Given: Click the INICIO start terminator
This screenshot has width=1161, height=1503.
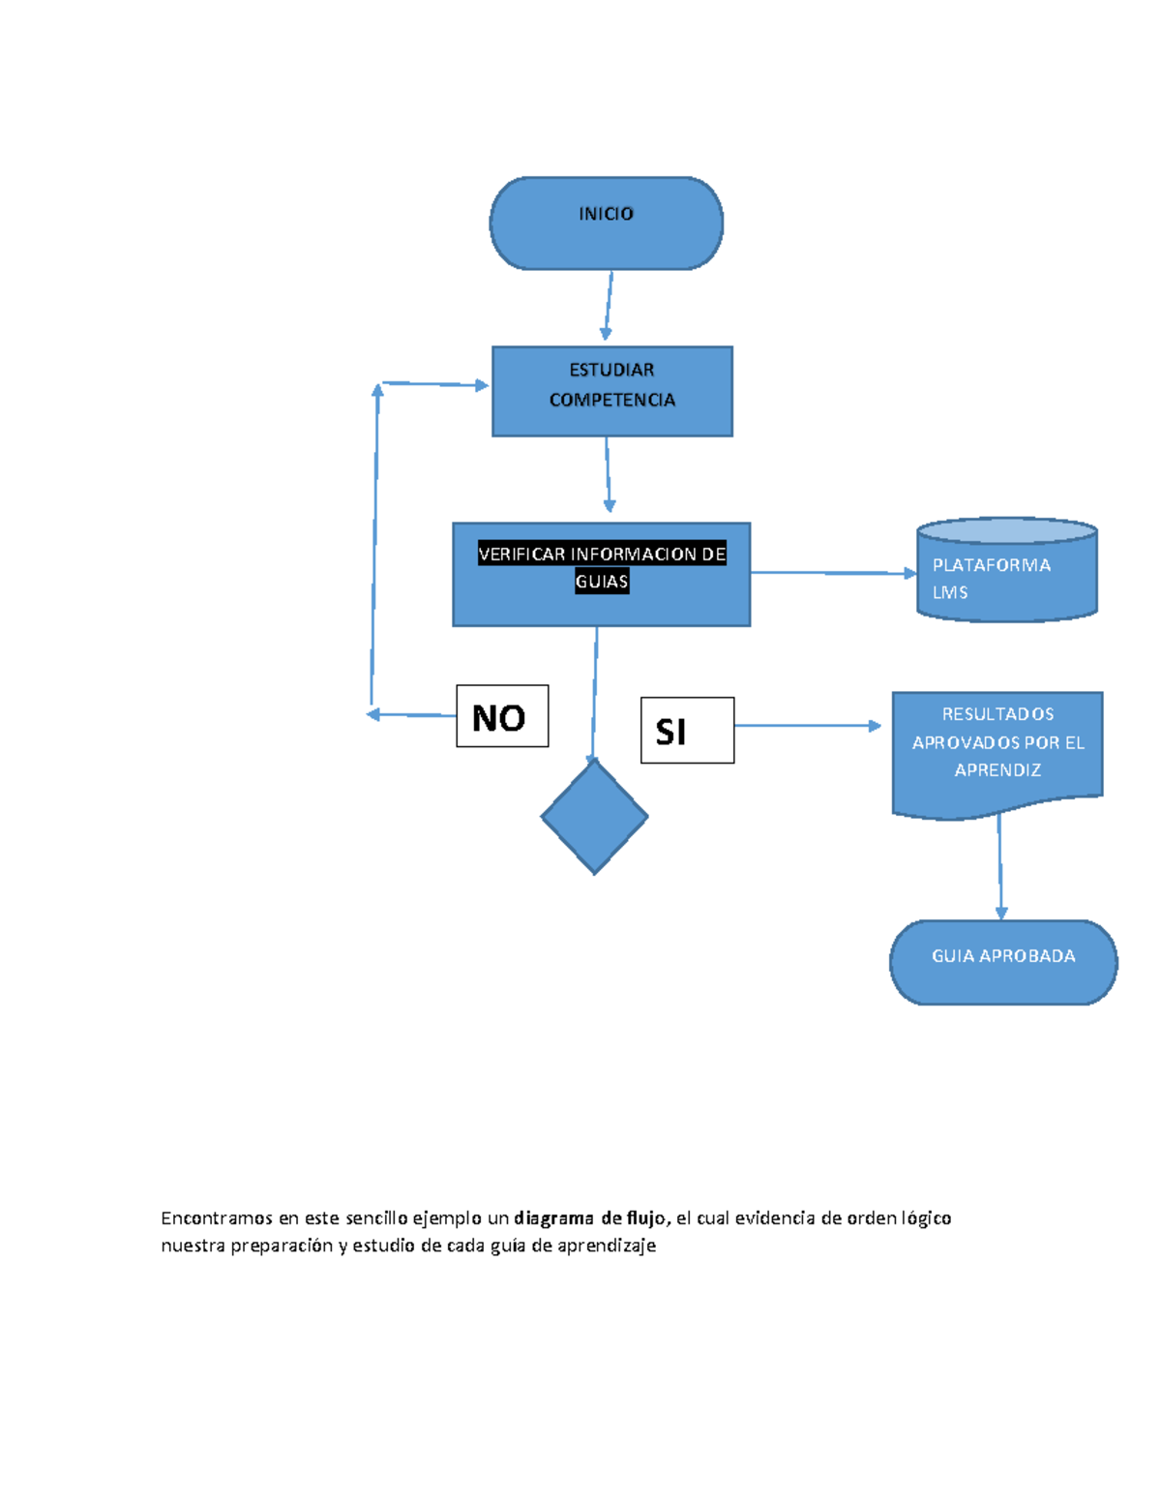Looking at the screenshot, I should (x=606, y=224).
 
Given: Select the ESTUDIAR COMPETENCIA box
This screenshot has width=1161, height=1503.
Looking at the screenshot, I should (x=611, y=391).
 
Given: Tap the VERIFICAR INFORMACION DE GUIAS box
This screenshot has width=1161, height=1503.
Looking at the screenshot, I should (x=601, y=575).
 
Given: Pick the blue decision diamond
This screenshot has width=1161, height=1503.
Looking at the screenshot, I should (x=594, y=817).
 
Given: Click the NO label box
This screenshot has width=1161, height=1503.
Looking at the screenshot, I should (x=502, y=716).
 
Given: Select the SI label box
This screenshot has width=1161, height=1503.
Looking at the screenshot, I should (x=687, y=731).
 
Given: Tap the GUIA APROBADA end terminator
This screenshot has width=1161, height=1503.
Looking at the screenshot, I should (x=1003, y=962).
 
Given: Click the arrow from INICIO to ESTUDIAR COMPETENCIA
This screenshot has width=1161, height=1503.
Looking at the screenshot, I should (x=609, y=305).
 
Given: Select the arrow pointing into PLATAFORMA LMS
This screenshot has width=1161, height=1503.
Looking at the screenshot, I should (x=832, y=573).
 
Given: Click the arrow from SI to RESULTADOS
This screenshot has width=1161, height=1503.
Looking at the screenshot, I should (x=807, y=725).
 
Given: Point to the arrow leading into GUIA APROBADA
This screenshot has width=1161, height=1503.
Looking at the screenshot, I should (x=1000, y=866).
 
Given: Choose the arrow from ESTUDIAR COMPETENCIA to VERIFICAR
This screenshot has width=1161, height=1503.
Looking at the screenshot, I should (x=608, y=474).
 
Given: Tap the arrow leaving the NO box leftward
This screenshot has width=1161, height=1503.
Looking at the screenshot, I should (x=411, y=715).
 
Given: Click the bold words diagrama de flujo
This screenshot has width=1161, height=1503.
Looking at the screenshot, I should (x=591, y=1217).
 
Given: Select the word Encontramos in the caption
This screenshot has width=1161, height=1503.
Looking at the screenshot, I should (x=217, y=1217).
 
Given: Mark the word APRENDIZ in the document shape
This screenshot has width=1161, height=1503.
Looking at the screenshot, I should (x=997, y=770).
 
